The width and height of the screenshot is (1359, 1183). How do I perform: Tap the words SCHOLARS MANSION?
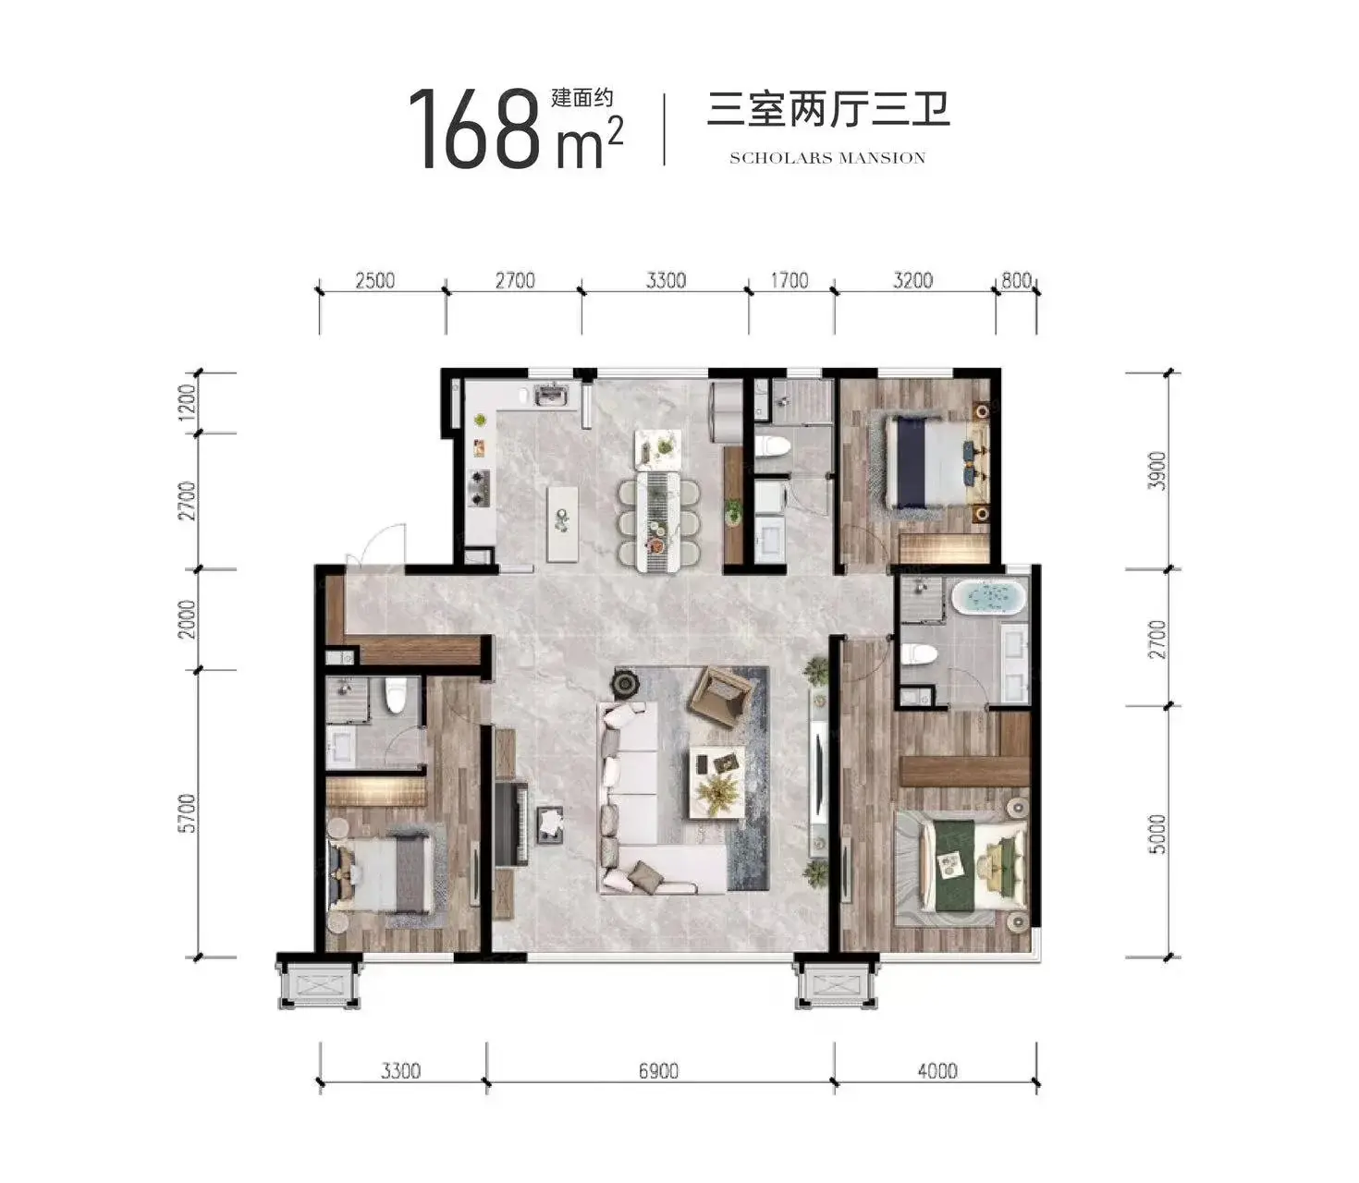point(827,158)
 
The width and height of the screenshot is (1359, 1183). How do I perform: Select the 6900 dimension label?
point(658,1071)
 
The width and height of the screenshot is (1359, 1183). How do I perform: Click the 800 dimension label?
point(1016,280)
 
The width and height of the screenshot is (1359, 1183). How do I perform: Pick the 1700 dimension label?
point(790,280)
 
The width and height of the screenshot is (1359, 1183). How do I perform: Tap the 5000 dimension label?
point(1157,834)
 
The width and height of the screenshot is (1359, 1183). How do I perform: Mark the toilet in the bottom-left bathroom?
point(396,695)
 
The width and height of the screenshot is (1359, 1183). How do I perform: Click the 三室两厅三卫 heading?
point(827,110)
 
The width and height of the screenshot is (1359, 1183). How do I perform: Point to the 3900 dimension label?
point(1157,470)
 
